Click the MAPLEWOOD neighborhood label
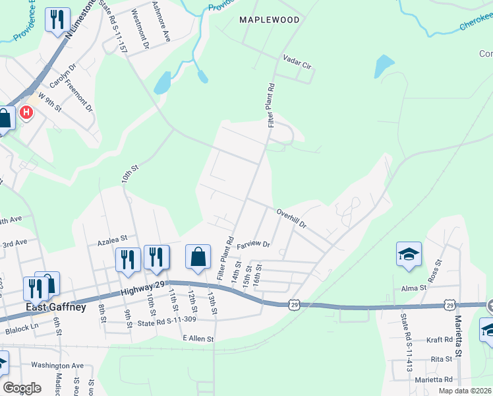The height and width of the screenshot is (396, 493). (269, 20)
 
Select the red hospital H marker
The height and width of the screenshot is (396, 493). (26, 113)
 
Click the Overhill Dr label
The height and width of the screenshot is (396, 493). (292, 219)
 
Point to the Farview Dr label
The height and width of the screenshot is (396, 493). (254, 244)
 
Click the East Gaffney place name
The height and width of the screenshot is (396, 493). (56, 307)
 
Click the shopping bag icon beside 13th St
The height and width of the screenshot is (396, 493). (198, 257)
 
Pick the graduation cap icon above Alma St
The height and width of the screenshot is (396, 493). (409, 254)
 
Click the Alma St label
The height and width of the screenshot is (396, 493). (415, 288)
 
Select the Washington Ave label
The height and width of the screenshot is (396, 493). (57, 365)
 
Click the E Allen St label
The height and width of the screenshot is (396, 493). (198, 339)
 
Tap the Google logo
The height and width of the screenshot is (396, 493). (22, 388)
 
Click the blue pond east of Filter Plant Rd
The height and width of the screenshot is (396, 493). (384, 65)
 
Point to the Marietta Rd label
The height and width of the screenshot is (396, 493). (434, 379)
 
